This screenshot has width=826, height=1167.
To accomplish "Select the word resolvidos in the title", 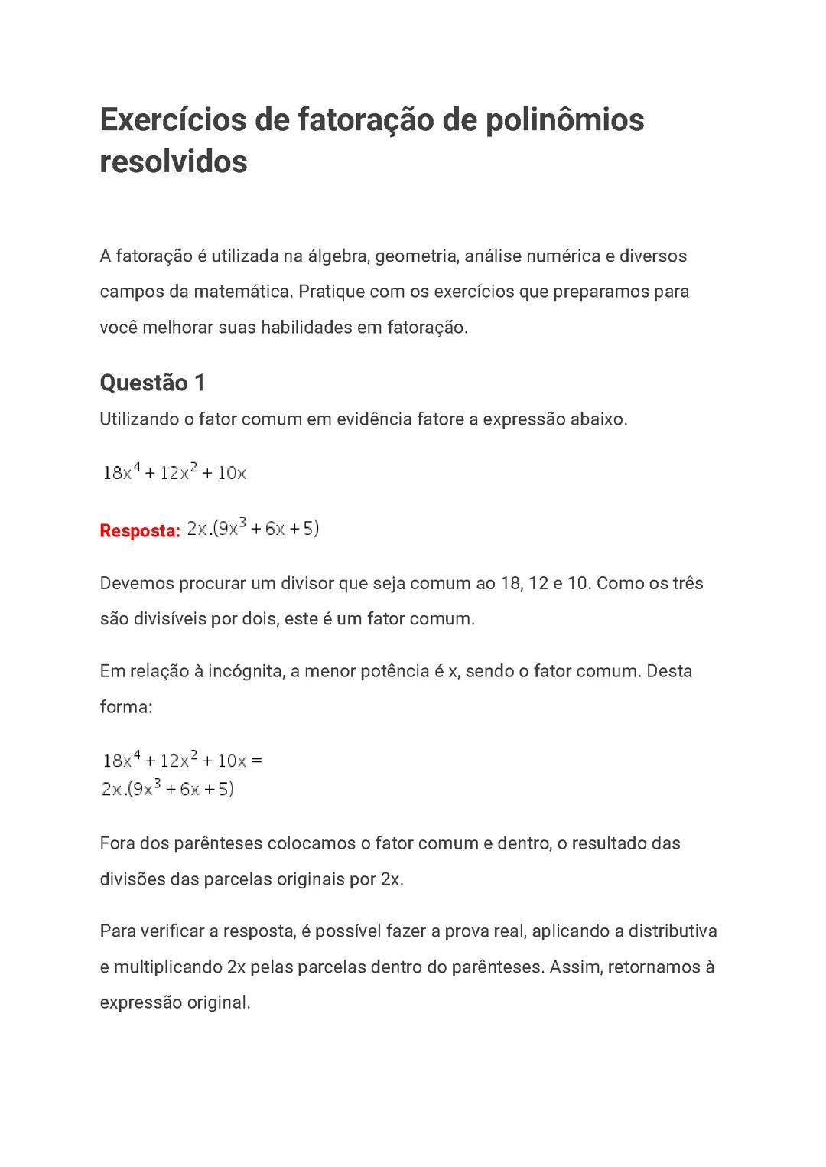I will click(x=174, y=161).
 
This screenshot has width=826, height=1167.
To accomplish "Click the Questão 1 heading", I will click(x=152, y=383).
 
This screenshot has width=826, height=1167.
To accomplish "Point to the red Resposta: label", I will click(x=140, y=530).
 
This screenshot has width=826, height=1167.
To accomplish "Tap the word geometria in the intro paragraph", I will click(x=415, y=256).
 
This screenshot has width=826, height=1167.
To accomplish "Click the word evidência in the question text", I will click(x=374, y=419).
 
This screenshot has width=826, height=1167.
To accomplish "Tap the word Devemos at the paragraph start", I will click(x=136, y=583).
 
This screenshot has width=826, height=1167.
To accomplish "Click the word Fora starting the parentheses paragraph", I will click(x=116, y=843).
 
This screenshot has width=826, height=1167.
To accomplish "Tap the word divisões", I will click(x=132, y=879).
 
